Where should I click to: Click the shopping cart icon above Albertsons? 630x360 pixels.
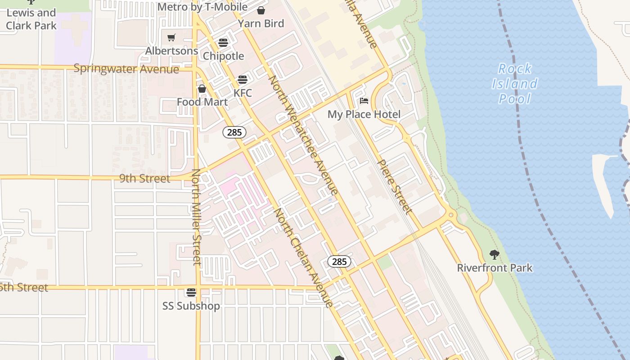tap(171, 38)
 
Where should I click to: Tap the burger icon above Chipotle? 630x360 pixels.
tap(223, 43)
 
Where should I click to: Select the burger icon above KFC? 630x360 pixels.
tap(243, 80)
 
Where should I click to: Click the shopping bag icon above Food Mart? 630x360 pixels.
tap(202, 89)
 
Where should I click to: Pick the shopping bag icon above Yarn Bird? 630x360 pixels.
tap(261, 10)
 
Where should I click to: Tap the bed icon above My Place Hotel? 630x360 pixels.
tap(364, 101)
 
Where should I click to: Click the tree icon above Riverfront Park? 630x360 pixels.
tap(495, 255)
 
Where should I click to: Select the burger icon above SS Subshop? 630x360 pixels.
tap(191, 292)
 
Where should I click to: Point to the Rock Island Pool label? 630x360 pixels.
tap(515, 84)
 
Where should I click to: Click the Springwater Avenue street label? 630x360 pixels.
tap(126, 69)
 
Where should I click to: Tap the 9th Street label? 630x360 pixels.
tap(145, 178)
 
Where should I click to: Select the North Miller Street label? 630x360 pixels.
tap(196, 217)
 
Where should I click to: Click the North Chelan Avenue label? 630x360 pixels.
tap(304, 258)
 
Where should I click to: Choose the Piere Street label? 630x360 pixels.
tap(394, 187)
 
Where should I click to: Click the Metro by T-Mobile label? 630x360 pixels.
tap(202, 7)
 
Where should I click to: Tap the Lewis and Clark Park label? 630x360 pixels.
tap(31, 19)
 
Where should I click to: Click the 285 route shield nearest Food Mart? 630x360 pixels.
tap(234, 132)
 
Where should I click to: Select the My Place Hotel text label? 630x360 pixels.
tap(364, 114)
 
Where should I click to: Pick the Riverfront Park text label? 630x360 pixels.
tap(495, 268)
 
